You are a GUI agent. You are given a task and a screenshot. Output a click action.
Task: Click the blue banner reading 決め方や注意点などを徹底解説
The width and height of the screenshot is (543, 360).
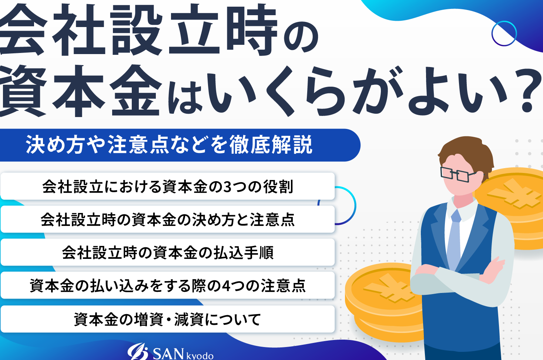pyautogui.click(x=180, y=145)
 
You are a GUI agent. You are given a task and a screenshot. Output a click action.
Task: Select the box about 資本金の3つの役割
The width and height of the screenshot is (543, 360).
pyautogui.click(x=168, y=186)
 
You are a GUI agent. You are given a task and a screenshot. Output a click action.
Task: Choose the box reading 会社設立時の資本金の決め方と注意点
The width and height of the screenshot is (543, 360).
pyautogui.click(x=168, y=219)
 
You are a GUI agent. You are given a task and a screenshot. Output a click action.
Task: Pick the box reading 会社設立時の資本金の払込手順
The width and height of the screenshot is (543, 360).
pyautogui.click(x=168, y=252)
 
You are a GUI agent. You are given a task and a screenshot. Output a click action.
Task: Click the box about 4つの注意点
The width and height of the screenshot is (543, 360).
pyautogui.click(x=168, y=285)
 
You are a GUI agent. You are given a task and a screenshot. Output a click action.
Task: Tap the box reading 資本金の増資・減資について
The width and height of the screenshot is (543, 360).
pyautogui.click(x=168, y=319)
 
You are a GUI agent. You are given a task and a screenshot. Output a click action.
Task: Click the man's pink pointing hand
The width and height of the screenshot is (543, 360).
pyautogui.click(x=492, y=269)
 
